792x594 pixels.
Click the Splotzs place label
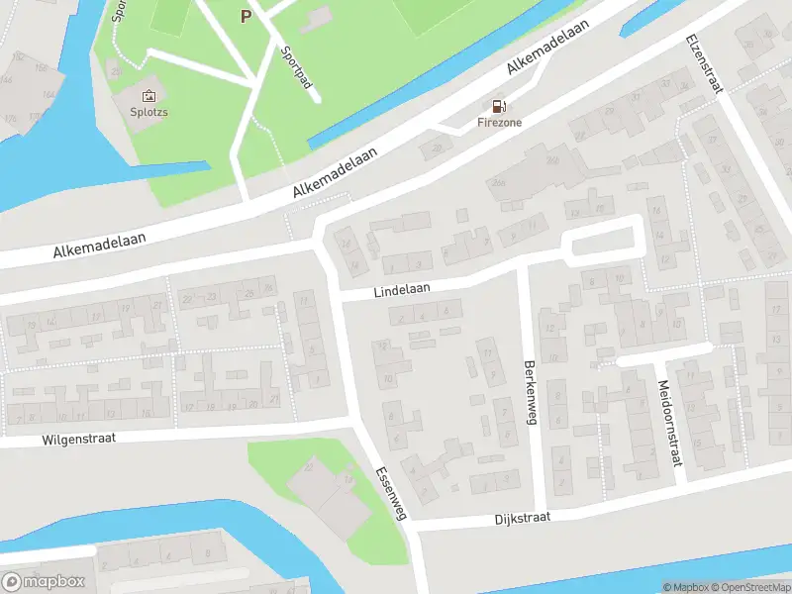pos(148,113)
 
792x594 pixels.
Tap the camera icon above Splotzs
pos(148,96)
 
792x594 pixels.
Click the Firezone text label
pos(499,123)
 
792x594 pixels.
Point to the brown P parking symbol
pos(246,15)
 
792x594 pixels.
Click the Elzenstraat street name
pos(704,64)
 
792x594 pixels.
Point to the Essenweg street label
pos(391,493)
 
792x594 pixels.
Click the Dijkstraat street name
pos(521,519)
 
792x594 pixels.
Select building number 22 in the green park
pos(309,466)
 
